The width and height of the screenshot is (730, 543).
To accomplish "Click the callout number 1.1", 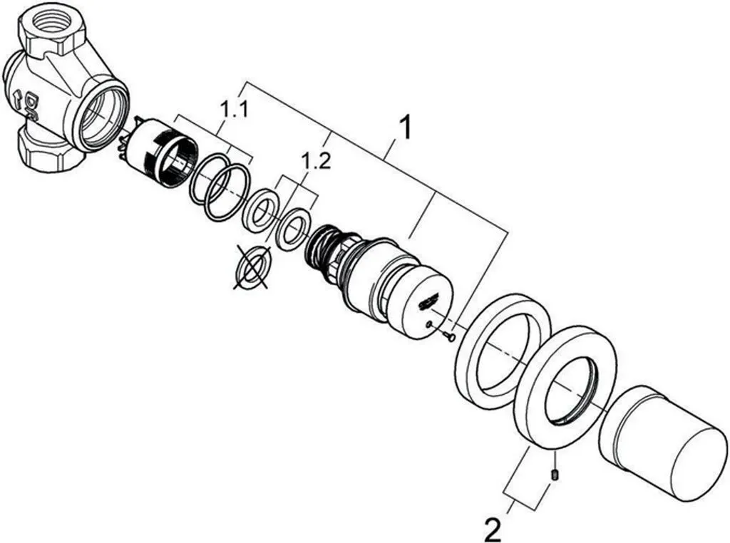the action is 234,110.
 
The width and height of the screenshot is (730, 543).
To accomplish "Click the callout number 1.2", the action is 316,161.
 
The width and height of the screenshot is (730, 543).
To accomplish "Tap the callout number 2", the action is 492,529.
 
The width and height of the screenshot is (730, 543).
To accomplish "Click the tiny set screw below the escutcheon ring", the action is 555,474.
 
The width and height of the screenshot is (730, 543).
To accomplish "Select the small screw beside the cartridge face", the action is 449,335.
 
